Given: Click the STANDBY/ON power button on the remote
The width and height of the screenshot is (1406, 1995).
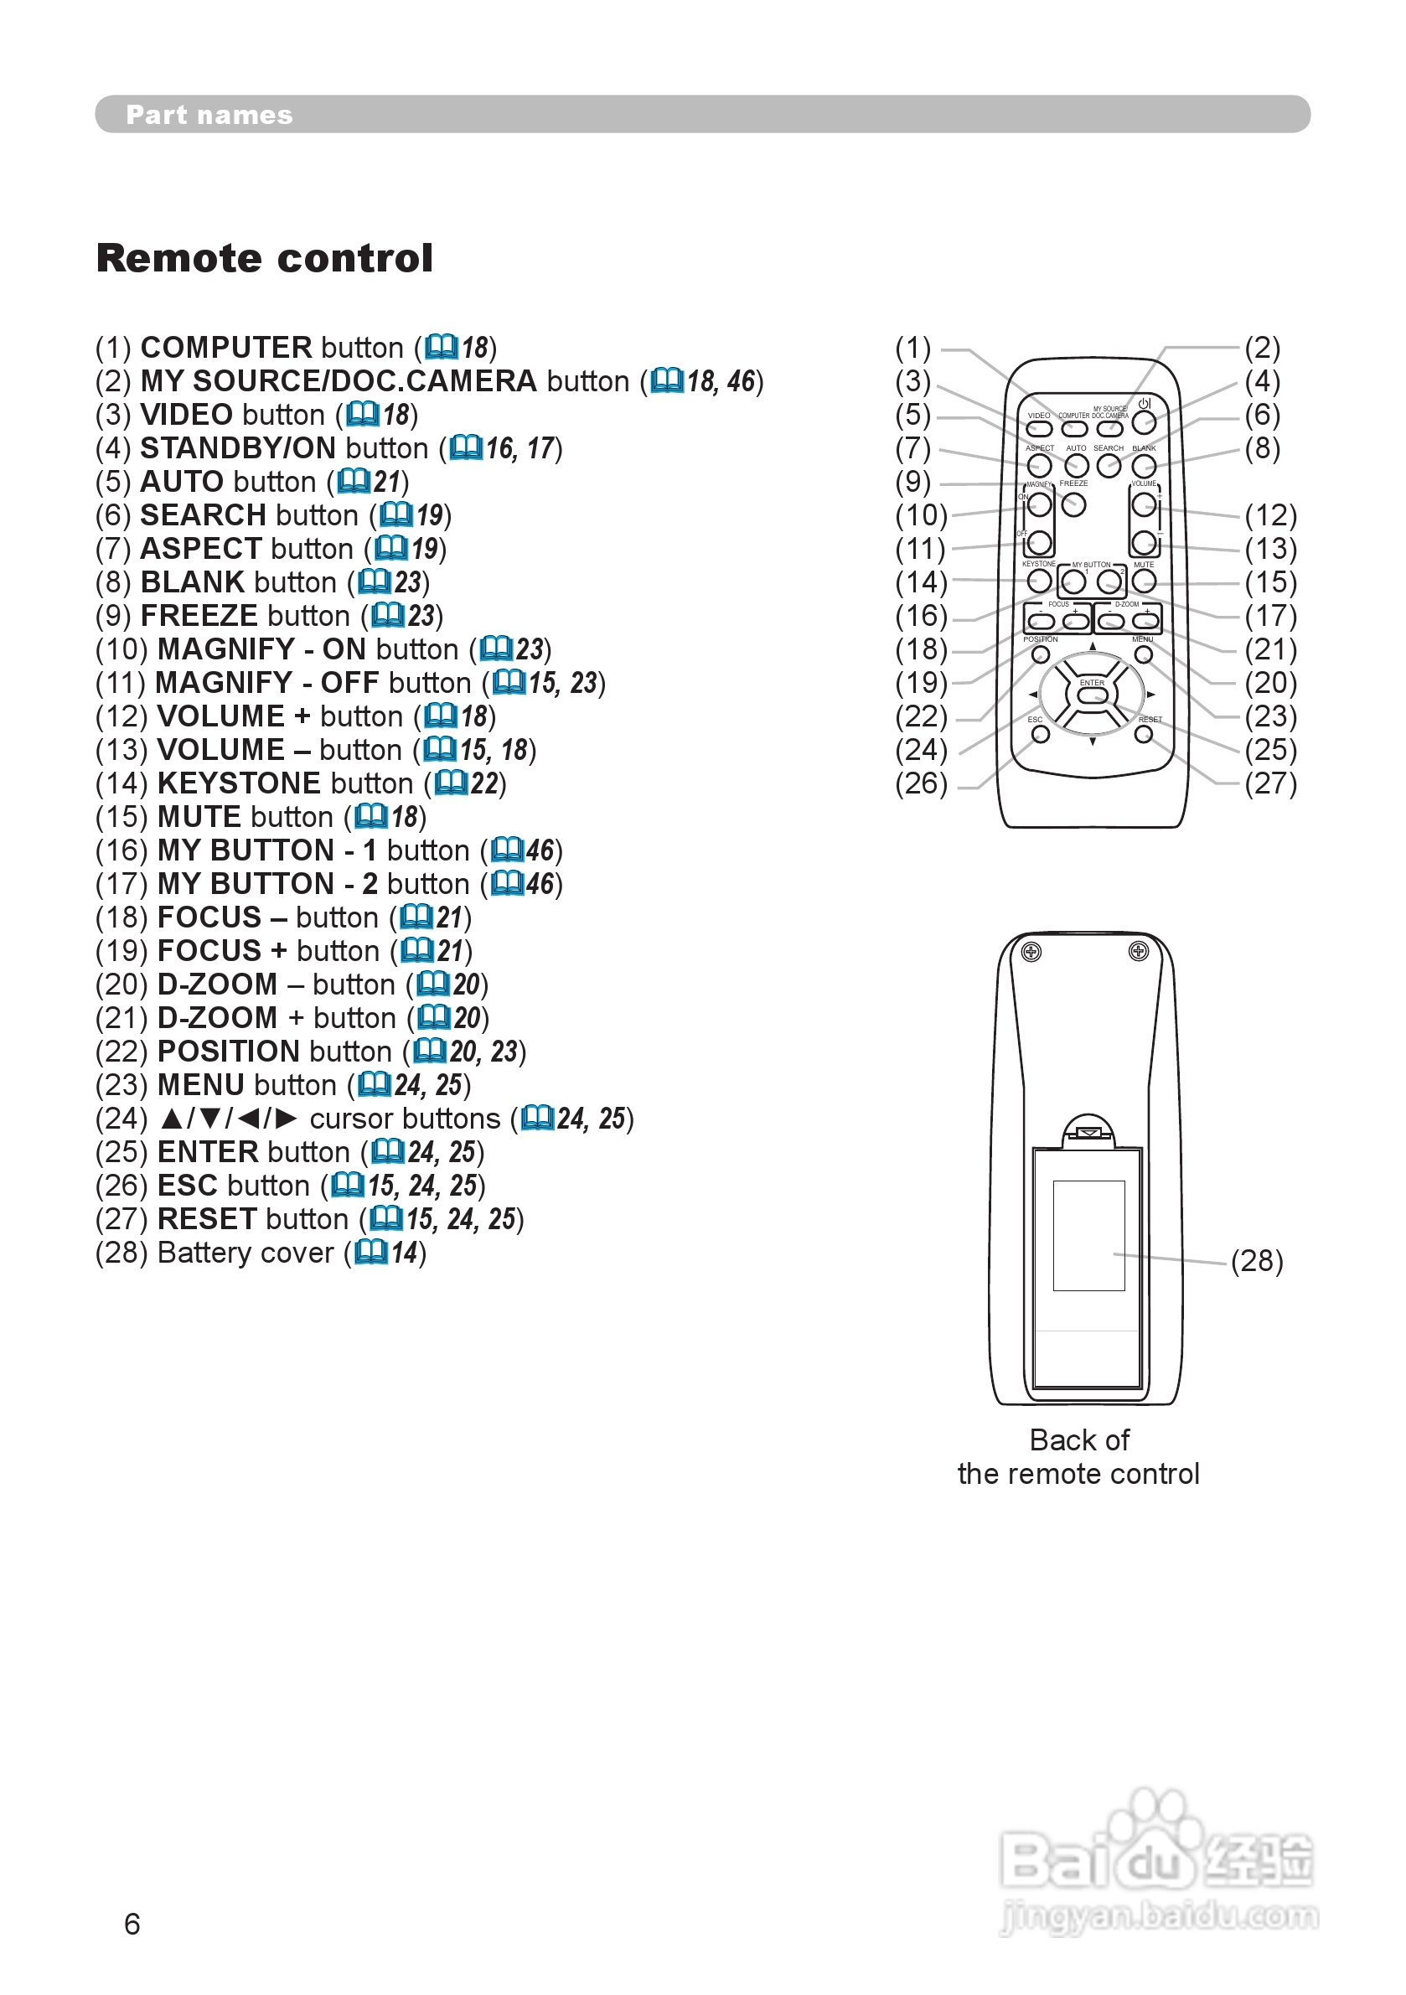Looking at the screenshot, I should (x=1144, y=422).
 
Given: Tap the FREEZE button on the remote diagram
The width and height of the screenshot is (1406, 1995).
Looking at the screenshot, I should (x=1074, y=505).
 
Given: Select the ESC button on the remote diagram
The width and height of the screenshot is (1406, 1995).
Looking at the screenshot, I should (x=1040, y=734).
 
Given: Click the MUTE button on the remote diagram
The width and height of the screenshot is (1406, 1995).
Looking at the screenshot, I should (x=1144, y=581).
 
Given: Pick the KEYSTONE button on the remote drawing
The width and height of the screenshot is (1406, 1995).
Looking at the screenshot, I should (x=1039, y=581).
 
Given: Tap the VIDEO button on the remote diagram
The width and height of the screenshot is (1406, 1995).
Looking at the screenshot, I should (x=1040, y=428).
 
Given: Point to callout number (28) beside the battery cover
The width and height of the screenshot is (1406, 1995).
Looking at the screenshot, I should (x=1257, y=1260).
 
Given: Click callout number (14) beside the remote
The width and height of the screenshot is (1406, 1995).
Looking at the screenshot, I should (x=921, y=581).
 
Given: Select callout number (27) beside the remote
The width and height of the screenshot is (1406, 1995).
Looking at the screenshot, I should (x=1270, y=783).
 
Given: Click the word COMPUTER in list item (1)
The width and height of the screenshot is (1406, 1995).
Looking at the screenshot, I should (x=226, y=348).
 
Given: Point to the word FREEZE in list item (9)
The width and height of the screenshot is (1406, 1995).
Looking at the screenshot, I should (x=199, y=615).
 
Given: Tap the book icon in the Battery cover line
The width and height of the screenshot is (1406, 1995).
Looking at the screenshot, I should (x=371, y=1252).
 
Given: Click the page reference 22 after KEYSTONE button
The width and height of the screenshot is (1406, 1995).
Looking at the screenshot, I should (x=484, y=783).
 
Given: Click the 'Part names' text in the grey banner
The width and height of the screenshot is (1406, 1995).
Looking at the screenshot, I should (x=209, y=115).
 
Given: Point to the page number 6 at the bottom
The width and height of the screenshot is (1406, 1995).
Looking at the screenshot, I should (x=132, y=1924).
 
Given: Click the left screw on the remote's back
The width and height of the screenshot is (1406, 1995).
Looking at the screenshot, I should (x=1031, y=953).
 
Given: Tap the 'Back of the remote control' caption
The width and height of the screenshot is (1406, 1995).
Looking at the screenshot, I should (x=1078, y=1456).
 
